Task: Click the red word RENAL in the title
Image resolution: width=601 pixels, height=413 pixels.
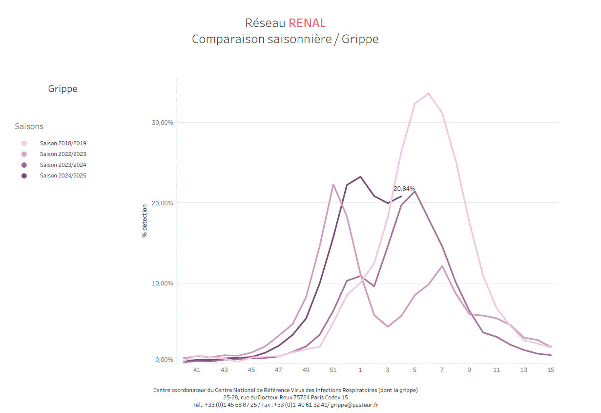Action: coord(307,23)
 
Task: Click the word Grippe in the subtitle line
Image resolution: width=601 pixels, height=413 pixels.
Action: coord(360,39)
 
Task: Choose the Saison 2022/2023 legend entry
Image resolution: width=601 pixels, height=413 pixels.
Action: coord(63,154)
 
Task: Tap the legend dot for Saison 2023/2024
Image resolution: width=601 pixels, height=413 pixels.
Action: coord(24,165)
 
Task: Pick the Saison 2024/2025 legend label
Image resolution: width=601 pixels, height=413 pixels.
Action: coord(63,176)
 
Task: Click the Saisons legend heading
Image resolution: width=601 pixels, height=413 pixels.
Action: coord(29,127)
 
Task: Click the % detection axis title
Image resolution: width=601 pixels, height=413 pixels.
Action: coord(145,221)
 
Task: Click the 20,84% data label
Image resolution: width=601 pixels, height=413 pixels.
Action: coord(404,189)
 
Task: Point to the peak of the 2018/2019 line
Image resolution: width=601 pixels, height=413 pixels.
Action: coord(428,93)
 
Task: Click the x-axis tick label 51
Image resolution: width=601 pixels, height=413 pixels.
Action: coord(333,370)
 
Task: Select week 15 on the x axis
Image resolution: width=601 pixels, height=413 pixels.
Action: coord(550,370)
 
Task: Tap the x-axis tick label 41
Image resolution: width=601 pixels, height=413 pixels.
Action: coord(197,370)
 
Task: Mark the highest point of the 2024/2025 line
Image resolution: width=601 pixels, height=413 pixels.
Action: coord(360,177)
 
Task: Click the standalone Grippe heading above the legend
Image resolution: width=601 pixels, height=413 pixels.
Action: coord(62,89)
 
